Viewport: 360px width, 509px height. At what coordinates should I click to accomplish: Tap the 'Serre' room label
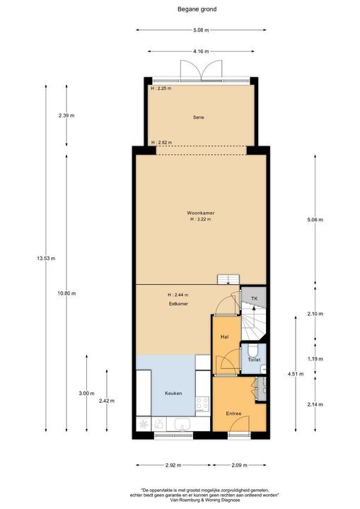[x=199, y=117]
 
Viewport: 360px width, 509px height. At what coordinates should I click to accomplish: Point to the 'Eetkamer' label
[x=178, y=303]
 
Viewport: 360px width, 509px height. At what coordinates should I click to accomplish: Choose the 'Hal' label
[x=223, y=337]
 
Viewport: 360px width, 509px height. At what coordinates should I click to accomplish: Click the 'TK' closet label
[x=253, y=300]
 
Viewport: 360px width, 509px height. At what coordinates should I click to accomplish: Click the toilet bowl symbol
[x=252, y=351]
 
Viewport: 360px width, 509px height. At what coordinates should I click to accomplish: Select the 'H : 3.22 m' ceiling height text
[x=200, y=220]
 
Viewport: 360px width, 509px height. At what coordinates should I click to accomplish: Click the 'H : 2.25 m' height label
[x=161, y=88]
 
